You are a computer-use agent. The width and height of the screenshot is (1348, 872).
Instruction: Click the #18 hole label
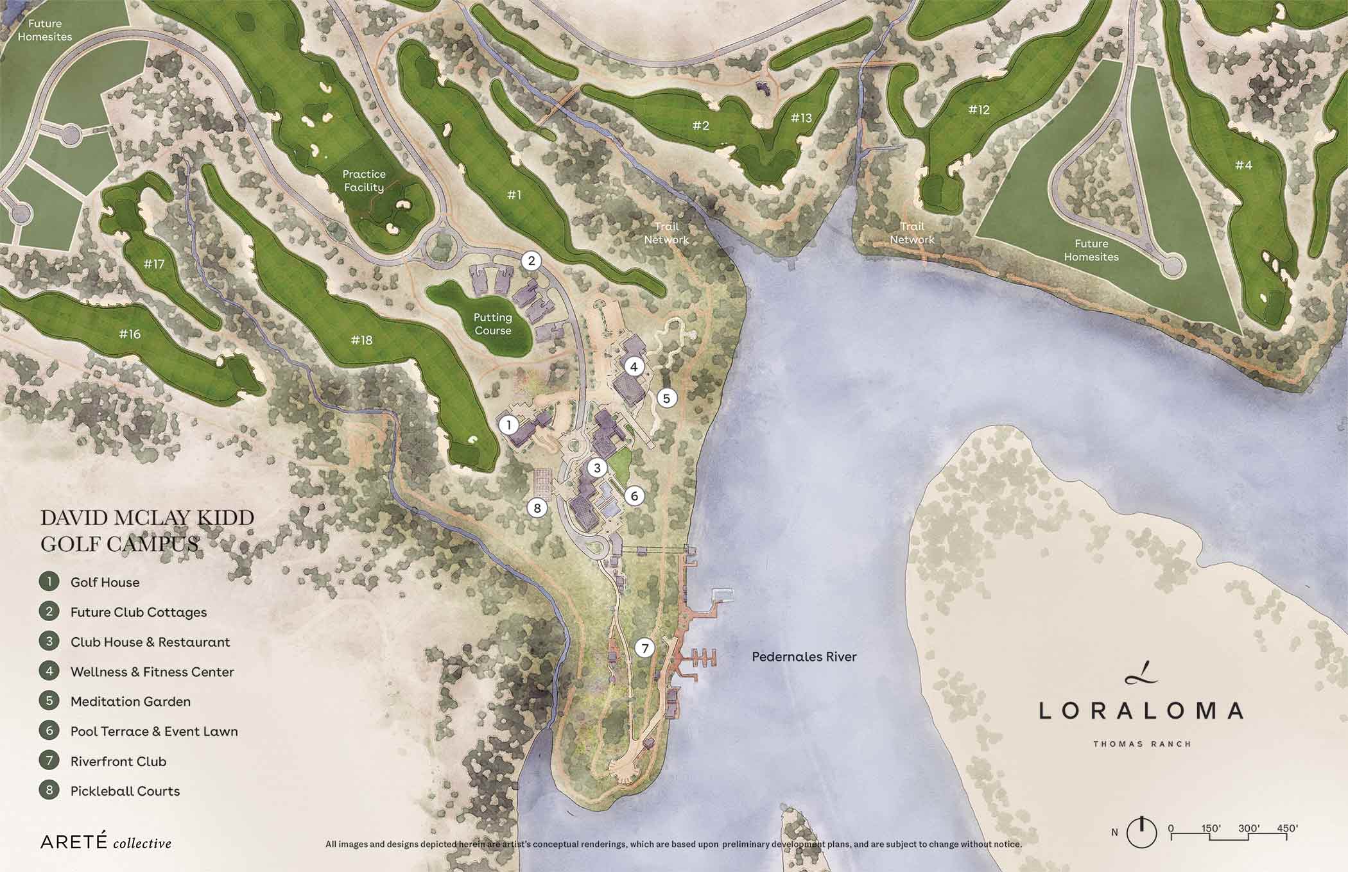pos(361,340)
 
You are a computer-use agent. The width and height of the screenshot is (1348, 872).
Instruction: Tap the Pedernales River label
pos(804,656)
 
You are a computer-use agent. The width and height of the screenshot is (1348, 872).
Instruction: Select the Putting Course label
pos(492,324)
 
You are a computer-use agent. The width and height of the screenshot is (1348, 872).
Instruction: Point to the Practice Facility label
pos(363,180)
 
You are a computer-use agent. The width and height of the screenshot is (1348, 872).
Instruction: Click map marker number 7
pos(644,648)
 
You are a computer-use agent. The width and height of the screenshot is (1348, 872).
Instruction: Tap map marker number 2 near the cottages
pos(531,261)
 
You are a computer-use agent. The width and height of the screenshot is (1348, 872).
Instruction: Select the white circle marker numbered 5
pos(666,398)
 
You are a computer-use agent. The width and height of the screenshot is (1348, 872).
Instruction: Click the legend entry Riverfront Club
pos(118,761)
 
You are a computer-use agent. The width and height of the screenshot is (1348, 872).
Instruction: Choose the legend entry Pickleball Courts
pos(125,791)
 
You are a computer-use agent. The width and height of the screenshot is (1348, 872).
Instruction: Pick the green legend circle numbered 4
pos(49,671)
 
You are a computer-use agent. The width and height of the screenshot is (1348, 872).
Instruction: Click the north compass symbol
pos(1141,832)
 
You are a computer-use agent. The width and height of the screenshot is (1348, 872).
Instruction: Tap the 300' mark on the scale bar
pos(1249,828)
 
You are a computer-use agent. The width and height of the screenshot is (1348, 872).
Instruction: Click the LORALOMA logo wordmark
pos(1141,710)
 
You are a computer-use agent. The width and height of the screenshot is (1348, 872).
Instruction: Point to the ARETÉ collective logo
pos(106,842)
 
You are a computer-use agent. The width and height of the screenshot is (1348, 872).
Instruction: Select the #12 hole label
pos(979,110)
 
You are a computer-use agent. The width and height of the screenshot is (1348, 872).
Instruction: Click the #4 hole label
pos(1243,165)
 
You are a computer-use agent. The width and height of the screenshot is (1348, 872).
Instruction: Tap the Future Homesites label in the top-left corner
pos(45,30)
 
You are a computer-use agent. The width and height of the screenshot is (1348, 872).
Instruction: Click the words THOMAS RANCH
pos(1142,744)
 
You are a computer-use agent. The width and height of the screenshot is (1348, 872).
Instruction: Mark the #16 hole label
pos(130,334)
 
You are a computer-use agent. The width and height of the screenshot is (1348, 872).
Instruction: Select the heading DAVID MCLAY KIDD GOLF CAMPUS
pos(147,531)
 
